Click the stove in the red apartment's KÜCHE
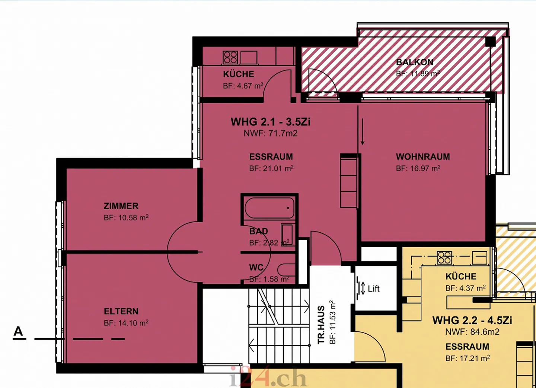click(x=230, y=57)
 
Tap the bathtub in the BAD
click(x=269, y=208)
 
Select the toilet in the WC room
click(x=287, y=270)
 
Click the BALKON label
click(x=415, y=62)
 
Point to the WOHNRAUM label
click(x=423, y=157)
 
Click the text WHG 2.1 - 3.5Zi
click(x=270, y=122)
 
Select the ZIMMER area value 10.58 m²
click(x=126, y=218)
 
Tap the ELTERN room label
click(x=121, y=311)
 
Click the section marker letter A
click(x=18, y=331)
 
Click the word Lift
click(x=373, y=289)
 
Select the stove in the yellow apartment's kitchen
click(x=444, y=257)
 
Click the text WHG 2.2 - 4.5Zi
click(x=472, y=320)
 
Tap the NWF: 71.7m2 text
click(x=271, y=133)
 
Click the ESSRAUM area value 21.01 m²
click(x=271, y=169)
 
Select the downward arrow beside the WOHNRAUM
click(x=363, y=132)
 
